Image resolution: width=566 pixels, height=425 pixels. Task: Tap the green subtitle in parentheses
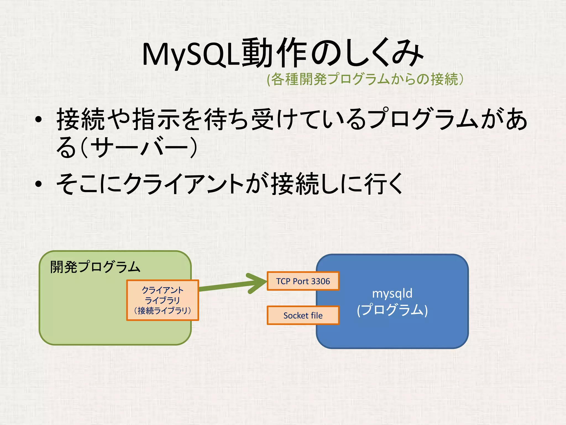(x=365, y=79)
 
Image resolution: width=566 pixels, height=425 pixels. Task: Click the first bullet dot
(x=38, y=120)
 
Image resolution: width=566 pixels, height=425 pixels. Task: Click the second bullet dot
(x=38, y=184)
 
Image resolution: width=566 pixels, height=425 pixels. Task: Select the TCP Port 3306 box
(x=303, y=281)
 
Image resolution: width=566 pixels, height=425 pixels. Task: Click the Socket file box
(x=303, y=315)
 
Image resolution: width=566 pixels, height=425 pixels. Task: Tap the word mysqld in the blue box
(x=392, y=293)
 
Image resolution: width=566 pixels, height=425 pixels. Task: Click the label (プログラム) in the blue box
(x=392, y=310)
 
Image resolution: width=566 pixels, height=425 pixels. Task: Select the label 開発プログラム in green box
(x=95, y=267)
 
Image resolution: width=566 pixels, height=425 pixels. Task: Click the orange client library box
(x=163, y=300)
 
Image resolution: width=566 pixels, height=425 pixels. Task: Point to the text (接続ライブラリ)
(x=163, y=311)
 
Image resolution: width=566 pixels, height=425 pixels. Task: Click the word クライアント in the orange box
(x=163, y=290)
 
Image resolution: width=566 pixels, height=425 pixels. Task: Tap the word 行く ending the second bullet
(x=384, y=184)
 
